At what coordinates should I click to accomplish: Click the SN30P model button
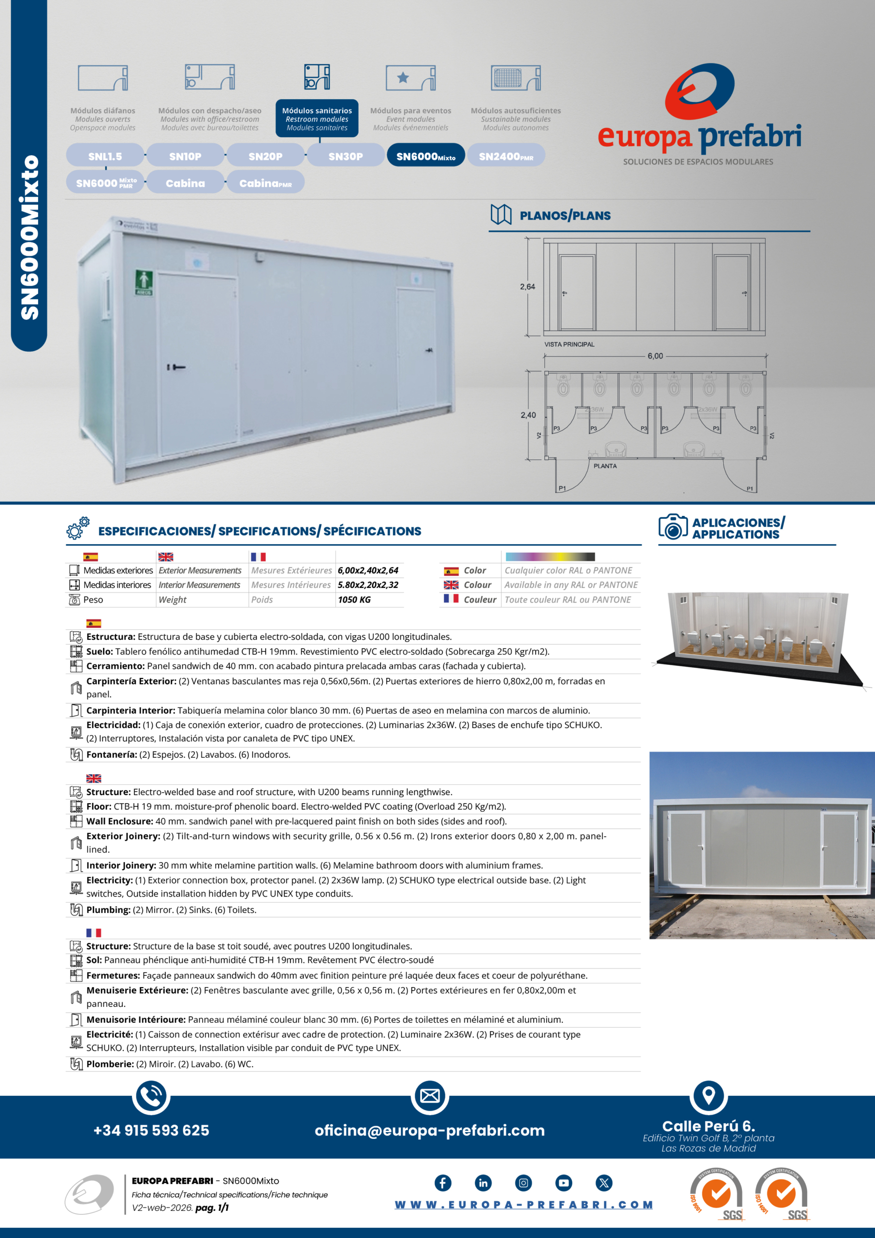[346, 156]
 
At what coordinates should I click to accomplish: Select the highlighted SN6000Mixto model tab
[425, 156]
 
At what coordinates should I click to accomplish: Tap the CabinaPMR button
[265, 183]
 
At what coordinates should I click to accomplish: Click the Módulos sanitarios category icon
[317, 77]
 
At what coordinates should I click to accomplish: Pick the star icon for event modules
[403, 78]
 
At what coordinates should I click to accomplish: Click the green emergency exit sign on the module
[144, 282]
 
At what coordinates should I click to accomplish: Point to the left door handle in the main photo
[176, 367]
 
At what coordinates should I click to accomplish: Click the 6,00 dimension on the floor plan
[655, 356]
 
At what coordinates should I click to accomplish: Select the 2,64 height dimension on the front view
[527, 287]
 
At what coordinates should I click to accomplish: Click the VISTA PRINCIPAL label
[569, 344]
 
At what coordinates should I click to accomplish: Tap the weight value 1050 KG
[354, 600]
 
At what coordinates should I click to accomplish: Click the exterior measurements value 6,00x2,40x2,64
[368, 571]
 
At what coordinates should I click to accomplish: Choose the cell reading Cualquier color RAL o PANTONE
[568, 571]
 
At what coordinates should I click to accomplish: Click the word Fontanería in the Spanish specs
[111, 755]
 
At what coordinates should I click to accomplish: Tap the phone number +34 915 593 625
[151, 1130]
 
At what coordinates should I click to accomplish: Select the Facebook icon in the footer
[443, 1183]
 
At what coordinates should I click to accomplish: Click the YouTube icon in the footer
[563, 1183]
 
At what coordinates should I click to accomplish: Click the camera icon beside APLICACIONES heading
[672, 527]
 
